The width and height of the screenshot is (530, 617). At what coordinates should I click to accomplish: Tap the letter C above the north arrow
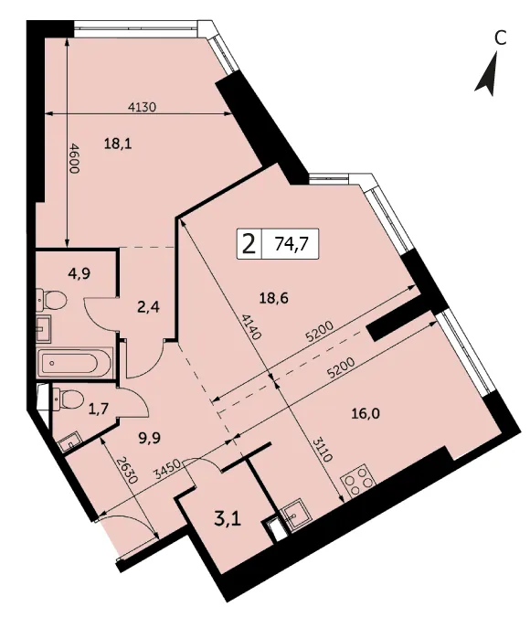[x=500, y=38]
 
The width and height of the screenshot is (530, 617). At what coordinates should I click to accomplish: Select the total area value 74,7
[x=291, y=244]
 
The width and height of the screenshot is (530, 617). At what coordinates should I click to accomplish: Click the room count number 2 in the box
[x=249, y=244]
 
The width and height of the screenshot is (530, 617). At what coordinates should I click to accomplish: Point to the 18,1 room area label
[x=118, y=144]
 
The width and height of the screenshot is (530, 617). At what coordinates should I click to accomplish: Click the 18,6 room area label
[x=274, y=298]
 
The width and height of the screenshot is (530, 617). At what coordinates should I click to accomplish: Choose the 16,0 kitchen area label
[x=366, y=413]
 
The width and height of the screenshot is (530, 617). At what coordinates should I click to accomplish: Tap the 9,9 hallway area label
[x=150, y=438]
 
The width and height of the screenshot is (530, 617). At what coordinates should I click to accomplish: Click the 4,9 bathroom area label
[x=79, y=273]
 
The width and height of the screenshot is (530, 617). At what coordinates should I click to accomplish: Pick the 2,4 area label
[x=148, y=306]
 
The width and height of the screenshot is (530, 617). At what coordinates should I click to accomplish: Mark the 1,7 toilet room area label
[x=99, y=410]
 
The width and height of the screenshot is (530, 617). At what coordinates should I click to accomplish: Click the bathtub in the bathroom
[x=75, y=362]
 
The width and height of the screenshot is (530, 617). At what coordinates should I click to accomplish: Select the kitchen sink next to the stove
[x=294, y=515]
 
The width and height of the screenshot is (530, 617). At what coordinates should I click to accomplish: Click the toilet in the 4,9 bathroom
[x=51, y=300]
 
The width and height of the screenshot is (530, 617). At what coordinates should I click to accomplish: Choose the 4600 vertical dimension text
[x=74, y=158]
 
